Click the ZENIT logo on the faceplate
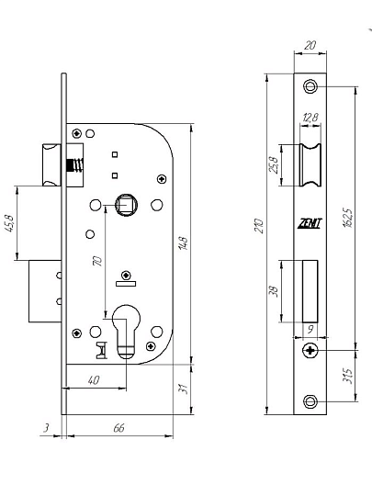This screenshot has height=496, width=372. (310, 223)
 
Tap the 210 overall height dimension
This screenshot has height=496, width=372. (259, 226)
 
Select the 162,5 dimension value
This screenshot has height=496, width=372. (347, 218)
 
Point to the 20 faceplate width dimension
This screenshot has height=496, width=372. (310, 45)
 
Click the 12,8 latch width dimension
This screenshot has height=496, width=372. (310, 118)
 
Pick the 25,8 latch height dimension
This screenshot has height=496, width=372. (274, 164)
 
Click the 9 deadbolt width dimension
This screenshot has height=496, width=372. (310, 329)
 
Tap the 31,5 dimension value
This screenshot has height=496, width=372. (347, 376)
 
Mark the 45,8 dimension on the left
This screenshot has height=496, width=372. (9, 223)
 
